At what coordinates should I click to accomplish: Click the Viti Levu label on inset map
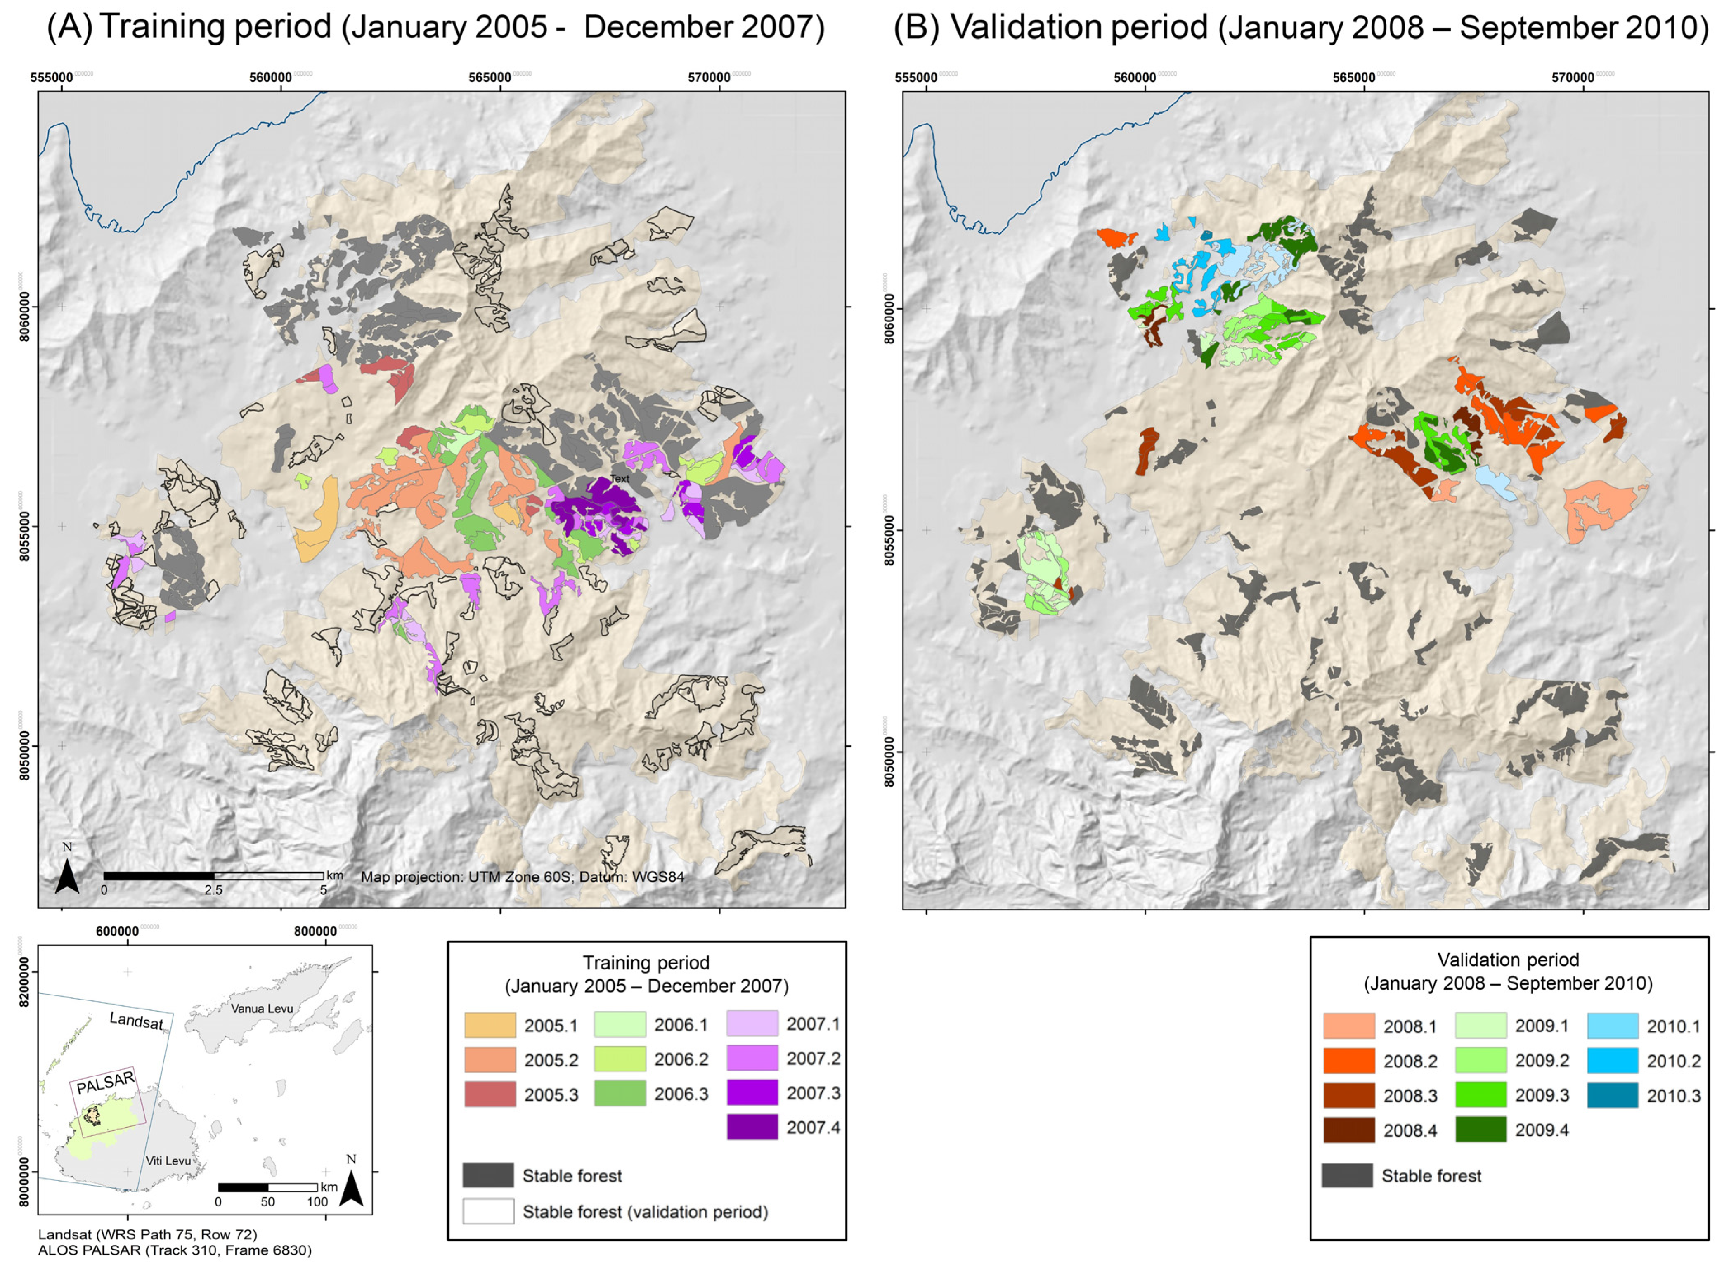pos(168,1161)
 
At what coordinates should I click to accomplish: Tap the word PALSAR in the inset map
pos(105,1083)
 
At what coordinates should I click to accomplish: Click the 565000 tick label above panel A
pos(489,78)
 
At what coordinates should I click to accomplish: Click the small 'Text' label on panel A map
pos(619,479)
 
